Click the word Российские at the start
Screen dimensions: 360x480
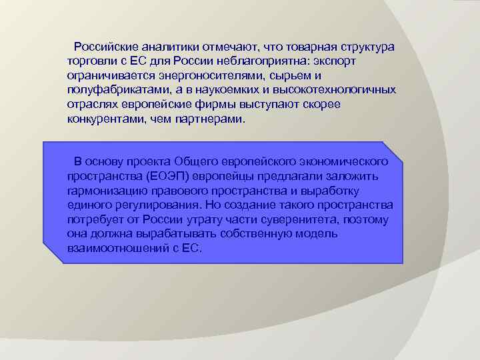(x=105, y=47)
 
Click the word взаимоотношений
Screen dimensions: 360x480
(x=115, y=249)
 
